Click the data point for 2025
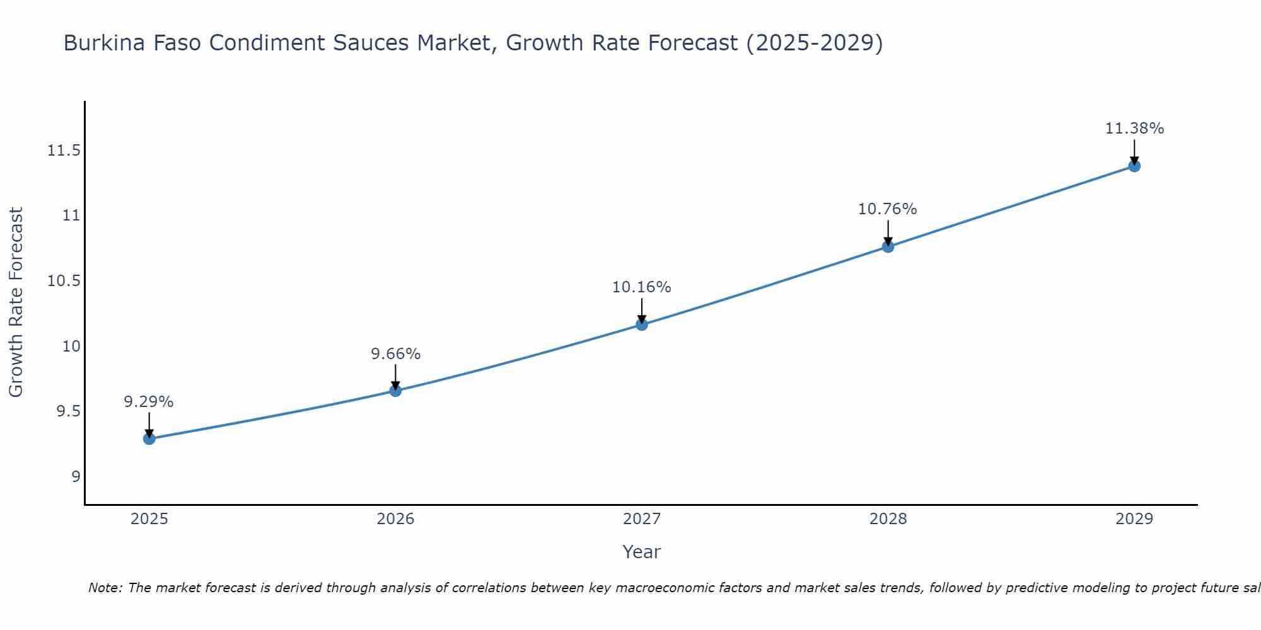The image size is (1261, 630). pos(149,438)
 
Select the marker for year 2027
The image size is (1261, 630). pos(642,324)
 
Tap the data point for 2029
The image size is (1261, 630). pos(1134,166)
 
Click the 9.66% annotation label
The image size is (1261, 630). pos(395,354)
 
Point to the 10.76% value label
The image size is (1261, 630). pos(887,209)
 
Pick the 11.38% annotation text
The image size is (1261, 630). pos(1134,129)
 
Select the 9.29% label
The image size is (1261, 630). pos(149,402)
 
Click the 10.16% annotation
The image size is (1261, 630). pos(641,287)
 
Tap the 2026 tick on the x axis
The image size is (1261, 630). pos(395,519)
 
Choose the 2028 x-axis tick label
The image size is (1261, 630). pos(888,519)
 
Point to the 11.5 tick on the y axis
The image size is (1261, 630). pos(64,151)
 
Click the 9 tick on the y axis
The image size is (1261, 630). pos(76,476)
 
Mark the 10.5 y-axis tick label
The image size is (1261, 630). pos(64,281)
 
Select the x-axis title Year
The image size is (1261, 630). pos(641,552)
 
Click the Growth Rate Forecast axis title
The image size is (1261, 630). pos(16,302)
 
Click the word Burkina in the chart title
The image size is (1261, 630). pos(101,43)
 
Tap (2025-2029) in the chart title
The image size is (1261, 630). pos(814,43)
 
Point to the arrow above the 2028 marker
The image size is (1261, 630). pos(888,232)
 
